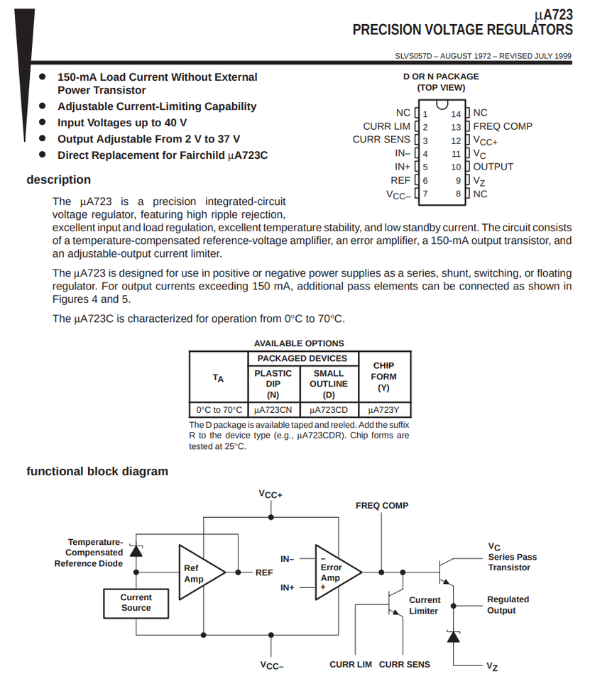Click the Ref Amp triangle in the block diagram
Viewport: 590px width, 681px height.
(198, 572)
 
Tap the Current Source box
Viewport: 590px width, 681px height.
(136, 602)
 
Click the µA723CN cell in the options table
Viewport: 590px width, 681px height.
(273, 410)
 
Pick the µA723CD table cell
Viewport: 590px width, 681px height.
(329, 410)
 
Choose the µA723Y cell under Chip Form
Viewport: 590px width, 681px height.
(384, 410)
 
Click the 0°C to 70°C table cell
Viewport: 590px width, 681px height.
(219, 410)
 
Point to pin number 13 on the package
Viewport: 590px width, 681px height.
(457, 127)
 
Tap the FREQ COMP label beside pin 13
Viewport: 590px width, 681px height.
(503, 126)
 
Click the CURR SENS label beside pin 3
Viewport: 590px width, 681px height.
(381, 140)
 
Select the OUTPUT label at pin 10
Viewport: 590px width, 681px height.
(493, 167)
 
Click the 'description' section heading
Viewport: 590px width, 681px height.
(59, 179)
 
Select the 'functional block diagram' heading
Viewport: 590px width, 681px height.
(97, 471)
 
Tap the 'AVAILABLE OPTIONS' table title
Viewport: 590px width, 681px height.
(299, 343)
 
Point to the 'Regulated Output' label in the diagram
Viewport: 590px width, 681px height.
(508, 604)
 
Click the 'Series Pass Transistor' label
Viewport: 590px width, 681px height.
(511, 562)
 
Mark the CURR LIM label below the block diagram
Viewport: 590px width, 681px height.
(351, 665)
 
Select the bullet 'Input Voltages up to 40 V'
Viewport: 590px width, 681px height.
(122, 123)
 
